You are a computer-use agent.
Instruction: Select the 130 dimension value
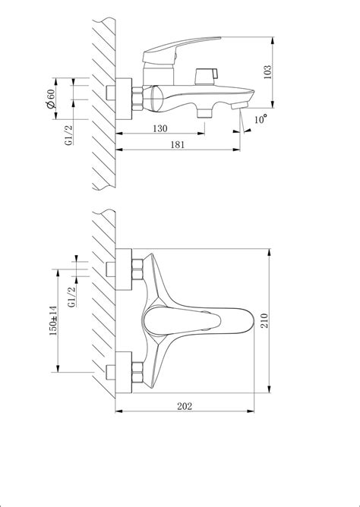pos(160,129)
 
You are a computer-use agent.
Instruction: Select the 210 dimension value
pos(263,320)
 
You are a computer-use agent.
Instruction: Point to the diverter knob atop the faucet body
pos(206,74)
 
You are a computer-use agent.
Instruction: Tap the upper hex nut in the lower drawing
pos(137,270)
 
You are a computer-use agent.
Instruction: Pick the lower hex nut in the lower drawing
pos(137,373)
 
